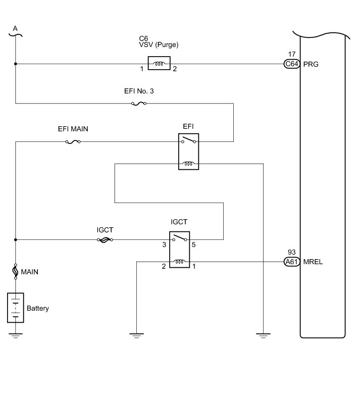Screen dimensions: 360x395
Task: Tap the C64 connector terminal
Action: coord(292,64)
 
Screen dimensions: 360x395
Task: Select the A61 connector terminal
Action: coord(292,262)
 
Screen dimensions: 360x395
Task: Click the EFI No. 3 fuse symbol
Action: coord(139,104)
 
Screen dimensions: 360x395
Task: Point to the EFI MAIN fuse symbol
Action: coord(73,142)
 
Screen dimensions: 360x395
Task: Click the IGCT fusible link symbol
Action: coord(105,240)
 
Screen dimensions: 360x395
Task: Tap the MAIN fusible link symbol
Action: coord(15,271)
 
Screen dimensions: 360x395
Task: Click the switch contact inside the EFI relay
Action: coord(188,140)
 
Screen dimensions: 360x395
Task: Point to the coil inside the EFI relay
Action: coord(188,164)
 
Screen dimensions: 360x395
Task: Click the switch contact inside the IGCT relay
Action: coord(180,238)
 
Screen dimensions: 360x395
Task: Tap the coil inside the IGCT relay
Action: coord(180,262)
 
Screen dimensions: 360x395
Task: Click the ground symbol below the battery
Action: coord(15,335)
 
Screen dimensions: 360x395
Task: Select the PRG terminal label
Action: coord(311,64)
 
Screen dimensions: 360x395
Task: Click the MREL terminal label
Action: coord(313,262)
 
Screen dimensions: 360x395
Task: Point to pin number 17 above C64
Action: coord(292,54)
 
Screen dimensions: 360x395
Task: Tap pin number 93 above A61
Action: coord(291,252)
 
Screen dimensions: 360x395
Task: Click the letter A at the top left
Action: coord(15,28)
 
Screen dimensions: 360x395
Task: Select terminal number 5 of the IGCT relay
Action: coord(193,244)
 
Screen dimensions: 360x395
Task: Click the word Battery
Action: coord(38,308)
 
